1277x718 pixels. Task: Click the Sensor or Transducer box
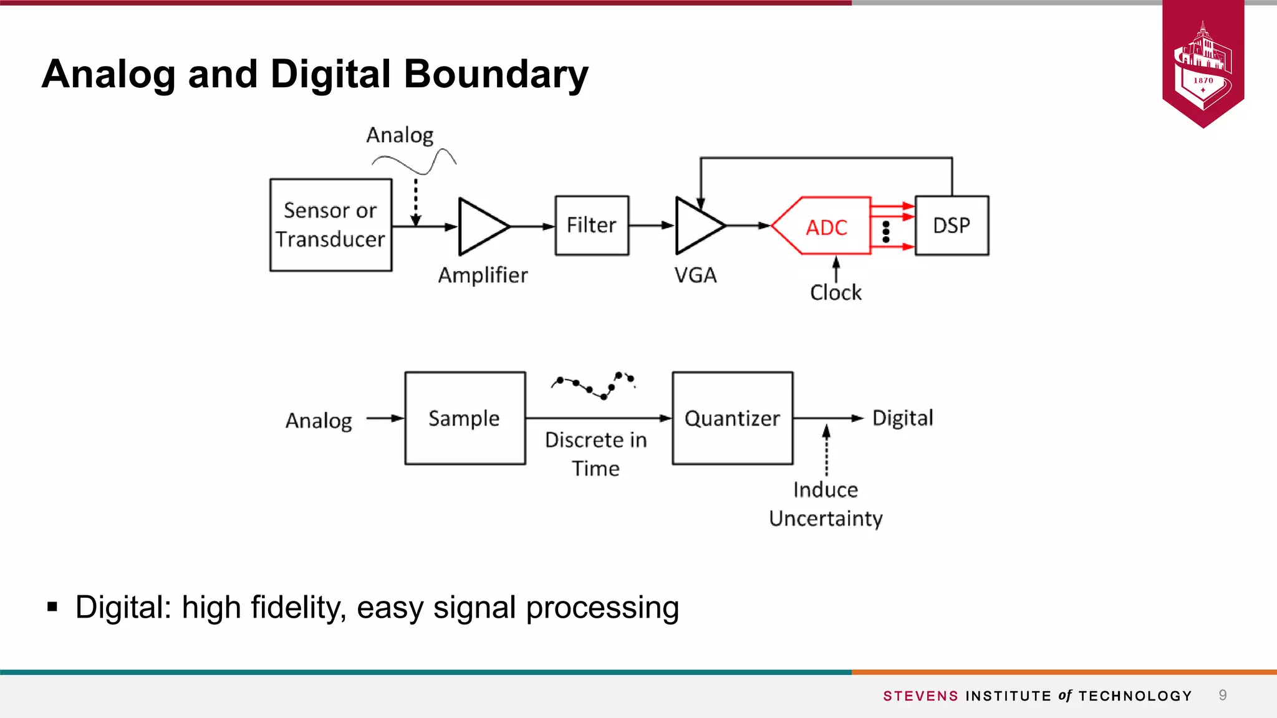[330, 225]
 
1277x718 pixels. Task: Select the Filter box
[592, 225]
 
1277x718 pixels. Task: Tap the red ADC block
[823, 226]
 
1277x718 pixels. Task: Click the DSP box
[952, 225]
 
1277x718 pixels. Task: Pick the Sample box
[465, 418]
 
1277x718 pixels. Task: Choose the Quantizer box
[732, 418]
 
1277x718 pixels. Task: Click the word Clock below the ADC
[836, 292]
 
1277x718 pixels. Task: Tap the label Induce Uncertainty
[826, 504]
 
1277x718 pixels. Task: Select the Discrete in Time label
[595, 454]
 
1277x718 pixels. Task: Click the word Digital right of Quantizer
[902, 418]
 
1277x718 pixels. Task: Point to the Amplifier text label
[483, 275]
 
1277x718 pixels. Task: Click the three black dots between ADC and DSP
[886, 232]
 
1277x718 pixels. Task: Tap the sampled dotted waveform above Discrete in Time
[594, 385]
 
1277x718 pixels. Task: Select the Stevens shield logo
[1203, 62]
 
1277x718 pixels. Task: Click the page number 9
[1223, 695]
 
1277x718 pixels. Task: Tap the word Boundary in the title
[496, 74]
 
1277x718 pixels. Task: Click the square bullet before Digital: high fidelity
[52, 606]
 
